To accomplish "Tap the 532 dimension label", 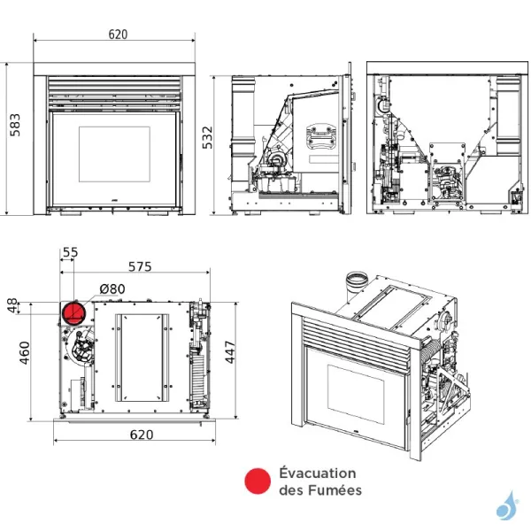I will tap(208, 138).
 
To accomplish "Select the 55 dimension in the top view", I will tap(70, 252).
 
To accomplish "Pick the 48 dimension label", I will tap(12, 306).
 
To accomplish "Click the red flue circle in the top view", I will tap(73, 313).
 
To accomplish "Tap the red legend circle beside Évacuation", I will tap(257, 481).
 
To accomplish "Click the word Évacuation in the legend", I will tap(317, 473).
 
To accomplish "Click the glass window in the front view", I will tap(114, 154).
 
